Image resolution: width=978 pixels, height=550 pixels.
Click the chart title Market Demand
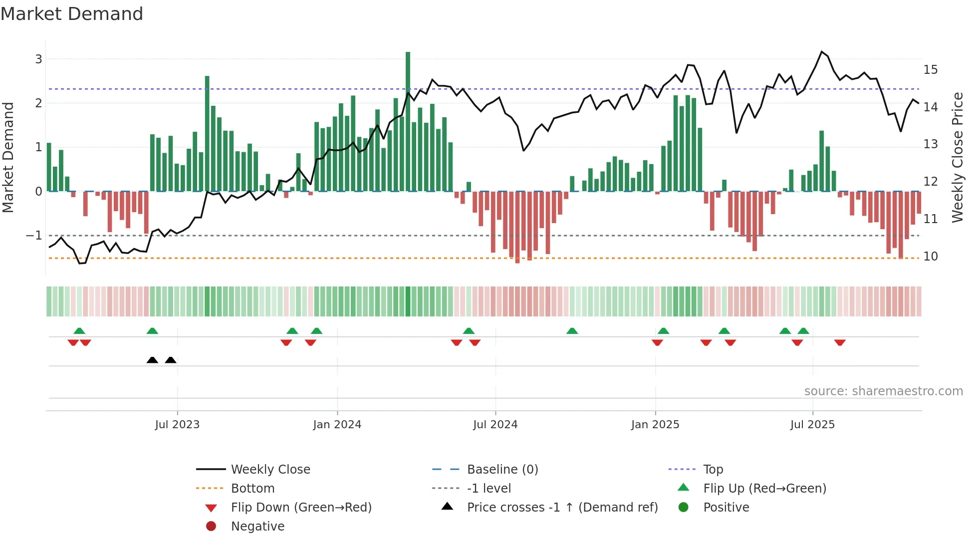coord(72,14)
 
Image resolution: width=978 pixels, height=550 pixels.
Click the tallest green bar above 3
coord(408,120)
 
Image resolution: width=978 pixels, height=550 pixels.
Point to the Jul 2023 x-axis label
coord(177,425)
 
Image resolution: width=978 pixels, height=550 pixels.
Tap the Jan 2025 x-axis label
coord(655,425)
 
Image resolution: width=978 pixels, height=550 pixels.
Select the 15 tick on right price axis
coord(930,70)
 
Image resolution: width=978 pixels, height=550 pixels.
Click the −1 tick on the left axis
coord(34,235)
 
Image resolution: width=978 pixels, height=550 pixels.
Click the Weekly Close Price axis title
coord(957,157)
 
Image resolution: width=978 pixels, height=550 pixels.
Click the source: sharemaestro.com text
coord(883,391)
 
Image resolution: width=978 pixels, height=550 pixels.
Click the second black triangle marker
coord(171,360)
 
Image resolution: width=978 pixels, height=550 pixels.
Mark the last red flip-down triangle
coord(840,343)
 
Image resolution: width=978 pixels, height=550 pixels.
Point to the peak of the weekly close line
coord(822,52)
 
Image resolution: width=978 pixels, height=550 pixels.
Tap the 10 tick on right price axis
coord(930,257)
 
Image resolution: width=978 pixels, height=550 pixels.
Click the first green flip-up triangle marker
coord(79,331)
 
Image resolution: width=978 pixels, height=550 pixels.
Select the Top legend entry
coord(713,470)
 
